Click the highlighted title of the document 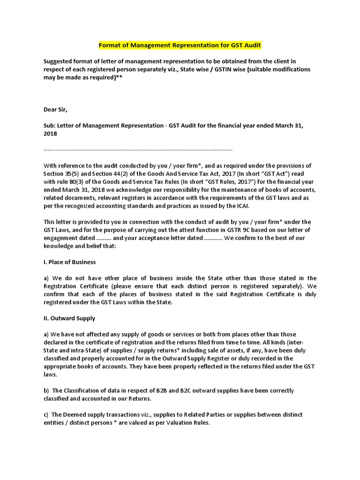pos(180,45)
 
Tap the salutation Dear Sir pos(55,110)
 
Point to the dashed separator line pos(138,150)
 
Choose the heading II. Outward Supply pos(69,318)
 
